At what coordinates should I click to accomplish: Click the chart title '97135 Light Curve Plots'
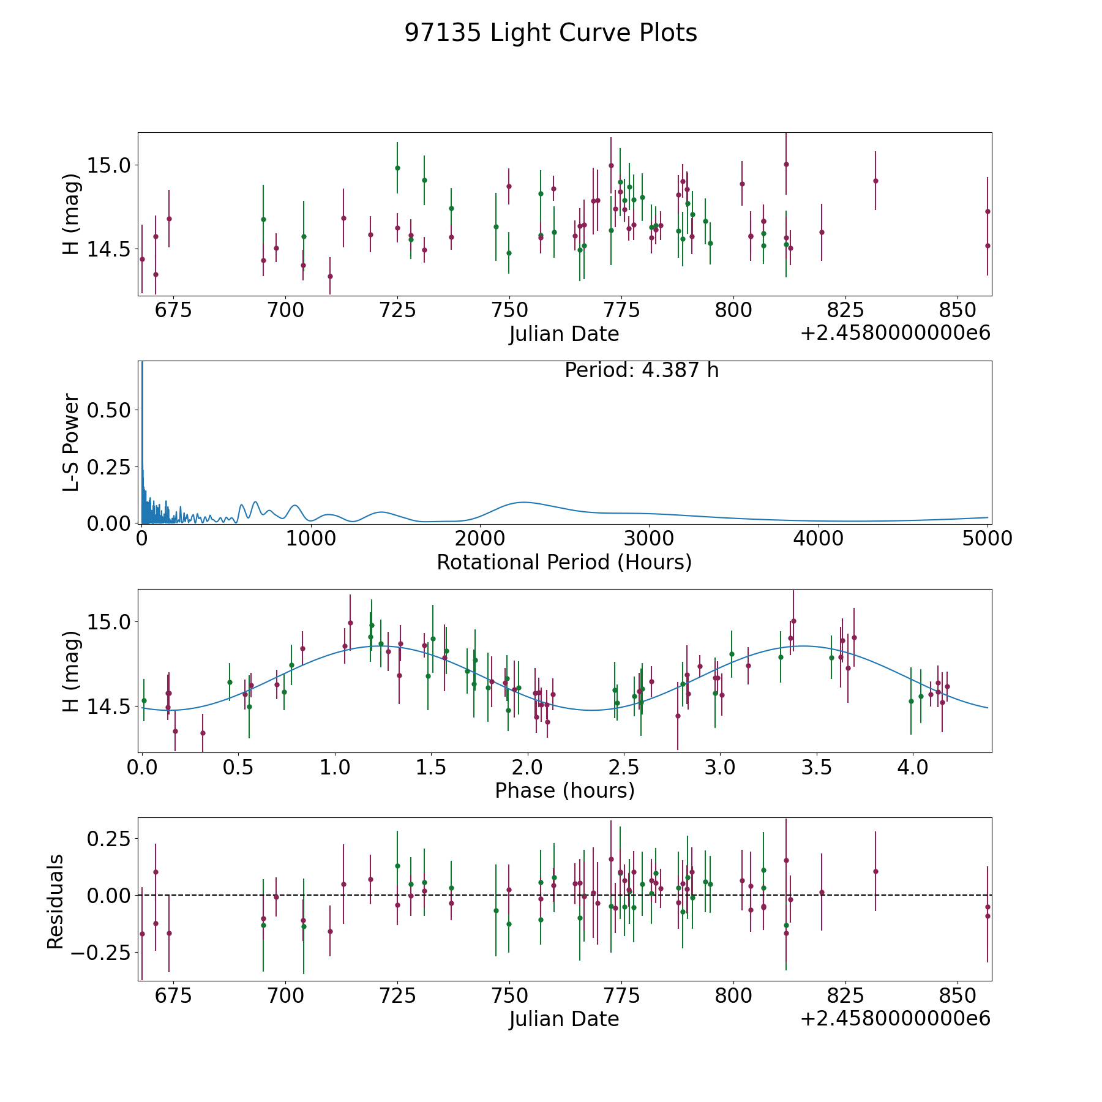[550, 33]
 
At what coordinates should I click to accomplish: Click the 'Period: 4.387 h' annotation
[641, 370]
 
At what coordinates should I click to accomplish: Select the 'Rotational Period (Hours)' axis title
[564, 562]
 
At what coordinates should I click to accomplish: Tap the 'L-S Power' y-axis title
[71, 442]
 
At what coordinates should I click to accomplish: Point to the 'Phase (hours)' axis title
[564, 790]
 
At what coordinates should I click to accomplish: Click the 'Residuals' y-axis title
[55, 902]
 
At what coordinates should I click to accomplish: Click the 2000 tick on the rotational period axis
[479, 539]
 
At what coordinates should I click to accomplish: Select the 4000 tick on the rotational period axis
[818, 539]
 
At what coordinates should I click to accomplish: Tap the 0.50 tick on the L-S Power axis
[109, 410]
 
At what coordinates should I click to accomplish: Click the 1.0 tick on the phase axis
[335, 768]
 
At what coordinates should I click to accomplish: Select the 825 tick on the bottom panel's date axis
[845, 996]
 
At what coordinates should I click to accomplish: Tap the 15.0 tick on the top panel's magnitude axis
[109, 165]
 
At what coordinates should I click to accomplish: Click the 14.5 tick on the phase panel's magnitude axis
[109, 706]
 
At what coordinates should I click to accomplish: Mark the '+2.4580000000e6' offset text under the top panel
[895, 334]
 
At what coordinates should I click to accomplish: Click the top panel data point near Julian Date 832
[875, 181]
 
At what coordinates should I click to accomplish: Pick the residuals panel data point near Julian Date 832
[875, 871]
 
